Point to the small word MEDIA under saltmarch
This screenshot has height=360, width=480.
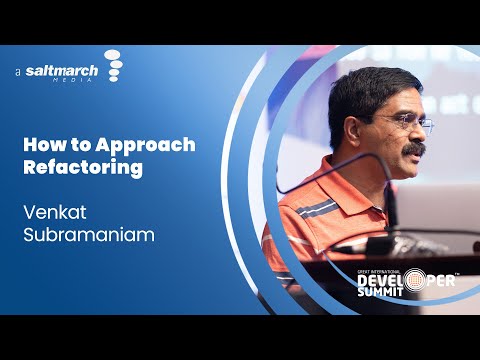click(x=88, y=82)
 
